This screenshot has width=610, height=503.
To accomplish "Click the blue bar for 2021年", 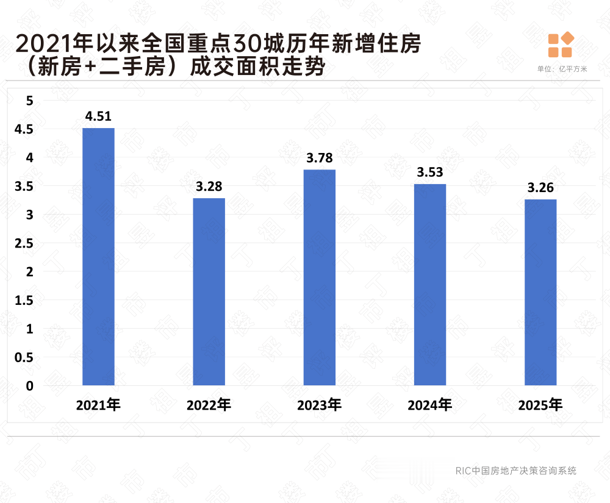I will click(98, 257).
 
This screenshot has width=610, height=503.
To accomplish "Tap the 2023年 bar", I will click(319, 277).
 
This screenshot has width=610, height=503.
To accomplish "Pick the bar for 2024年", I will click(429, 285).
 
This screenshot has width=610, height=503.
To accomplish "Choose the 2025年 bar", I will click(540, 292).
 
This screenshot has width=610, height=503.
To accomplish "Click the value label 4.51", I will click(98, 116).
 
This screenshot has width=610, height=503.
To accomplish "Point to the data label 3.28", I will click(209, 187).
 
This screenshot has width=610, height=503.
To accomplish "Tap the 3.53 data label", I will click(430, 173).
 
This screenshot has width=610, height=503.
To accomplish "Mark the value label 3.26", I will click(540, 188).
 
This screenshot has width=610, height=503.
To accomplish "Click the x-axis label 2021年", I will click(98, 405).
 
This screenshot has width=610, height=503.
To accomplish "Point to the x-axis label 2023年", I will click(319, 405).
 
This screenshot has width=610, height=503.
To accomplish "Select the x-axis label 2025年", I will click(540, 405).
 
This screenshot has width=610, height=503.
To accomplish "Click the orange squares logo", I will click(561, 45).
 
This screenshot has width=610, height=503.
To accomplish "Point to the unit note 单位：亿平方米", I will click(562, 69).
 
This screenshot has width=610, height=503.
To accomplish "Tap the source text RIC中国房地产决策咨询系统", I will click(515, 471).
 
